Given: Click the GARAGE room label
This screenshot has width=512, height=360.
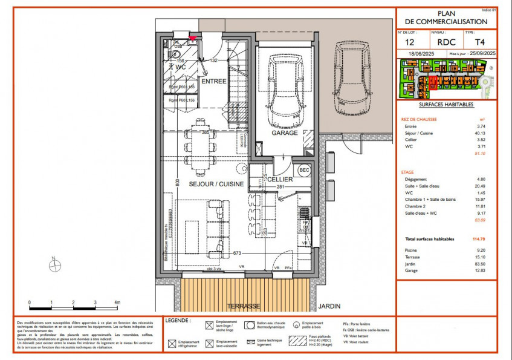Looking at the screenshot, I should (x=284, y=133).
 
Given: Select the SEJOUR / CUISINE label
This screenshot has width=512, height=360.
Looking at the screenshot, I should (x=216, y=184).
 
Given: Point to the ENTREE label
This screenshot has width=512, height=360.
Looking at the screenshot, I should (x=213, y=81).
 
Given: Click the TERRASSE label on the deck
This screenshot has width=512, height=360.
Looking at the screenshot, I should (x=244, y=306).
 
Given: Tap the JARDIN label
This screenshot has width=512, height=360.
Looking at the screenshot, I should (x=329, y=306).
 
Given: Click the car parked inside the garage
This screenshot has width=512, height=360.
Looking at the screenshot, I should (x=284, y=88).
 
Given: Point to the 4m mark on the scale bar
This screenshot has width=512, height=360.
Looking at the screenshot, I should (x=117, y=302).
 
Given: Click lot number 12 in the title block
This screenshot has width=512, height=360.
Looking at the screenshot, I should (x=409, y=43).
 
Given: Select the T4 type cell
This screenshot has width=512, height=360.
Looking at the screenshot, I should (x=479, y=43).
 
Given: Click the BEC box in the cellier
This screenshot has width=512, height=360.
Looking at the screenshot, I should (x=303, y=170).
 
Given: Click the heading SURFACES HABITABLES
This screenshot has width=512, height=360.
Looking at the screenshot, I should (x=446, y=105).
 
